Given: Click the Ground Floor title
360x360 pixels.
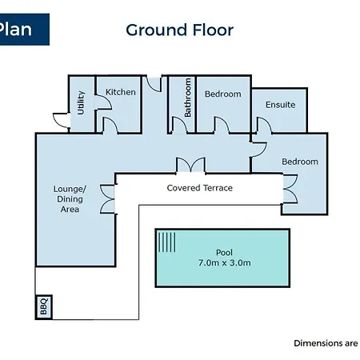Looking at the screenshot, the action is pyautogui.click(x=179, y=30).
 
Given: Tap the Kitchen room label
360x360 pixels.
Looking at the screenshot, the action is pyautogui.click(x=121, y=92).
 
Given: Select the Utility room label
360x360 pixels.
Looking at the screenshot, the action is pyautogui.click(x=81, y=102).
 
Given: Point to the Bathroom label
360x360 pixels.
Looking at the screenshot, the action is pyautogui.click(x=188, y=98).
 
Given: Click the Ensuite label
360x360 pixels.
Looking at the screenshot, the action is pyautogui.click(x=280, y=105).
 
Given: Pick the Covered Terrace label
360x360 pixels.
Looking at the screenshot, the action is pyautogui.click(x=200, y=188).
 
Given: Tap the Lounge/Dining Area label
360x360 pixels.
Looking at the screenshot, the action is pyautogui.click(x=70, y=199).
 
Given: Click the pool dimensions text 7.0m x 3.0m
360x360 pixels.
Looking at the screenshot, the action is pyautogui.click(x=225, y=263).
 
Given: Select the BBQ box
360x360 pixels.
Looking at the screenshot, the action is pyautogui.click(x=44, y=307).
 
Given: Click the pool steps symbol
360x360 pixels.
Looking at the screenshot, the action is pyautogui.click(x=167, y=242).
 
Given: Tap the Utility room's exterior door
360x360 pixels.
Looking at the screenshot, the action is pyautogui.click(x=62, y=120).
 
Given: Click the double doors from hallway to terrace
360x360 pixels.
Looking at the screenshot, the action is pyautogui.click(x=190, y=166).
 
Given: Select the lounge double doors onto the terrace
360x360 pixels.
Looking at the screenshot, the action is pyautogui.click(x=107, y=199).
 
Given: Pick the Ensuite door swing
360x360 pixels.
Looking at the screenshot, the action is pyautogui.click(x=264, y=125).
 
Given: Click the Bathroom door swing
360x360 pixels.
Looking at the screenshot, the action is pyautogui.click(x=180, y=125).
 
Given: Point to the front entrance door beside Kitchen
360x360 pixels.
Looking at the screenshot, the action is pyautogui.click(x=154, y=84).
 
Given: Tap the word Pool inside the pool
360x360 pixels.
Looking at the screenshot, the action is pyautogui.click(x=224, y=252).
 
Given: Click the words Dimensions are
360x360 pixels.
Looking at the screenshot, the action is pyautogui.click(x=326, y=343).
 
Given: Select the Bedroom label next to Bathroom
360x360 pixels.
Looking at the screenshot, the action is pyautogui.click(x=223, y=94).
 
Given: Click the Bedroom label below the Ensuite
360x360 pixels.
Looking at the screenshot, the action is pyautogui.click(x=300, y=162).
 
